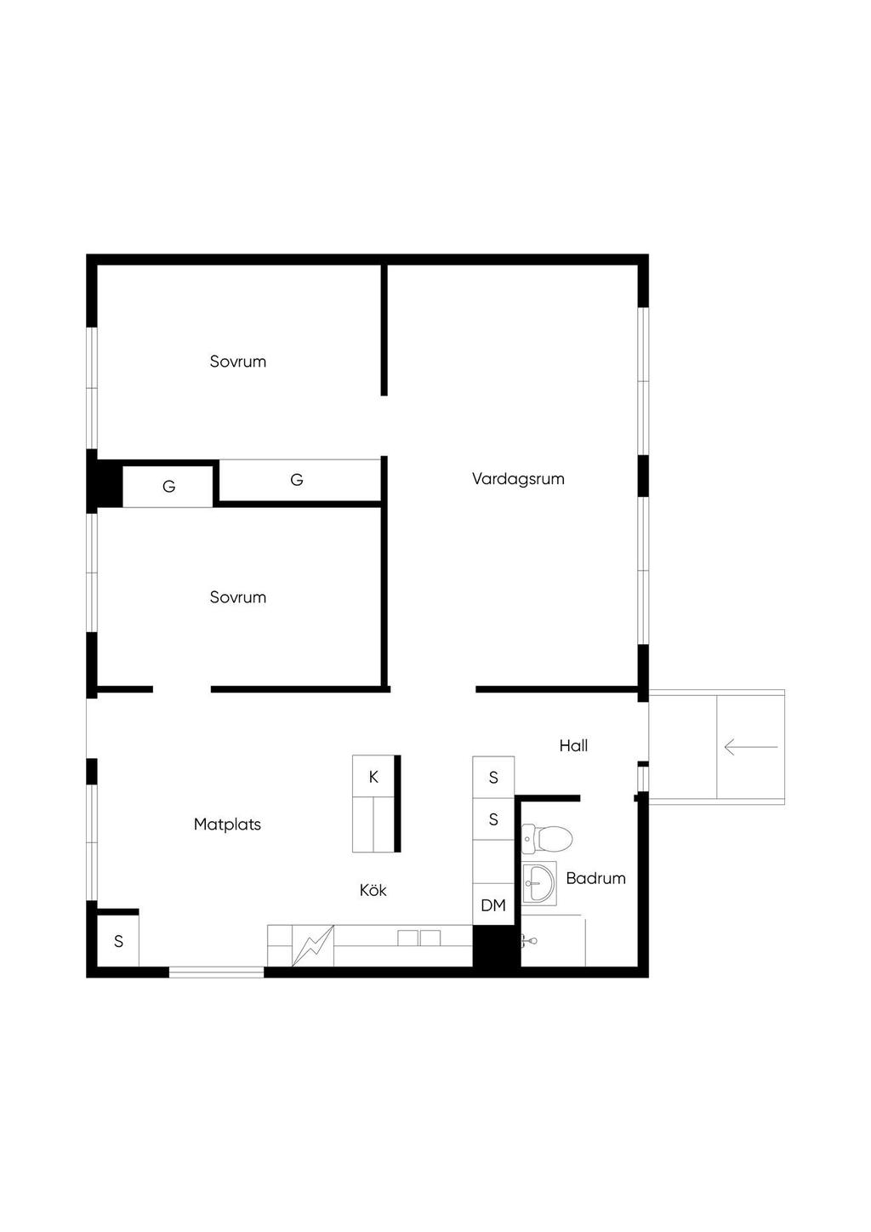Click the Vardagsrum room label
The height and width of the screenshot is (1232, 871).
click(518, 479)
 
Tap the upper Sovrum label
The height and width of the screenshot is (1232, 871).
click(237, 362)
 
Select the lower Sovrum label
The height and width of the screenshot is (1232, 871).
click(237, 597)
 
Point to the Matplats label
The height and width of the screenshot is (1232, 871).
click(227, 824)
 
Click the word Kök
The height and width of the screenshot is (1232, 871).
click(373, 890)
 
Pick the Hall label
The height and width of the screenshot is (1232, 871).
click(573, 746)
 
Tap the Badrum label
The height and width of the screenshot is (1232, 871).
click(595, 878)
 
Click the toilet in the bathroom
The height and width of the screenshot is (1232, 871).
click(547, 839)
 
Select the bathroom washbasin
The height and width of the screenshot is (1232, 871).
click(539, 883)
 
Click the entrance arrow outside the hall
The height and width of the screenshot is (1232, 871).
click(750, 747)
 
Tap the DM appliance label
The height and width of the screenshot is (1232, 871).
click(493, 905)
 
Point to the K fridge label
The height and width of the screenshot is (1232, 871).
click(373, 777)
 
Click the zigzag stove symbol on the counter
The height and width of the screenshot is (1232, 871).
click(312, 945)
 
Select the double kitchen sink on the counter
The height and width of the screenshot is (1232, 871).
click(419, 938)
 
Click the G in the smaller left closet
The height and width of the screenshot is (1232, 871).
click(168, 486)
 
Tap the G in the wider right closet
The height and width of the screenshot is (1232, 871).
click(296, 480)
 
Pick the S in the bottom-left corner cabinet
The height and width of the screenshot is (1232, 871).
click(118, 942)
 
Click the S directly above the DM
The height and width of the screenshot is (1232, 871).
click(493, 819)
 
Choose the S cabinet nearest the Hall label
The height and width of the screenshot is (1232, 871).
click(493, 777)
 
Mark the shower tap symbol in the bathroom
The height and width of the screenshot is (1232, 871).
click(528, 941)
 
